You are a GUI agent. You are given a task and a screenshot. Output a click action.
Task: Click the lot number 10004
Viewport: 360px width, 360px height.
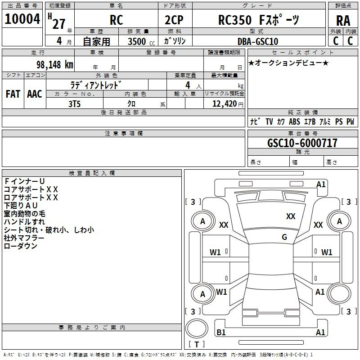click(x=22, y=19)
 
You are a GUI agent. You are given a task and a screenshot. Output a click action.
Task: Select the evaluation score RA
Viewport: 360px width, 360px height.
click(x=343, y=21)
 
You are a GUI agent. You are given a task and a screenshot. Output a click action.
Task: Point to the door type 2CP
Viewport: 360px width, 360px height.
click(x=174, y=21)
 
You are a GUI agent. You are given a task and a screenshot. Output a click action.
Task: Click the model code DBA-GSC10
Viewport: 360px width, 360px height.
click(x=257, y=41)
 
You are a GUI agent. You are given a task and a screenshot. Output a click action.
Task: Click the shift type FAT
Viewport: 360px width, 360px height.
click(x=13, y=94)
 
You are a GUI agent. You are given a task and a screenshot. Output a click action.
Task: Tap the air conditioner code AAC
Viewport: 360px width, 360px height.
click(x=34, y=94)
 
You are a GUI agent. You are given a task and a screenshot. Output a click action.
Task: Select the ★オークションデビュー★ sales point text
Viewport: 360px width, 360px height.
click(x=288, y=63)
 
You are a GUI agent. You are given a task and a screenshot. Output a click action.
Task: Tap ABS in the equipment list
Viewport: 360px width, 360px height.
click(x=294, y=121)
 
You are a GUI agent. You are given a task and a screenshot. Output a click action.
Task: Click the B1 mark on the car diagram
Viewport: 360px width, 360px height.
click(x=221, y=333)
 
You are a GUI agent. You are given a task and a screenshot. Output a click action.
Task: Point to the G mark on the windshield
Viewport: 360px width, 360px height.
click(x=284, y=237)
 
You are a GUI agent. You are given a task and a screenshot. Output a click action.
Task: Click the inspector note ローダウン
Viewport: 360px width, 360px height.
click(x=20, y=246)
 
